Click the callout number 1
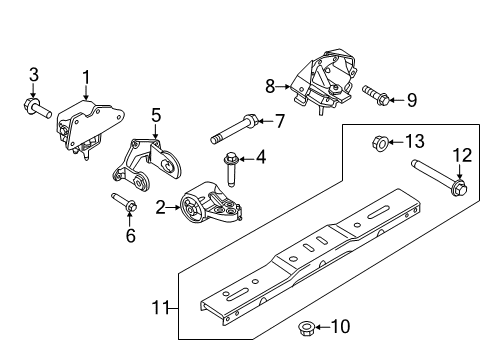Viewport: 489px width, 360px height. [x=86, y=78]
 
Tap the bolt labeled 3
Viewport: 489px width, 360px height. [x=37, y=108]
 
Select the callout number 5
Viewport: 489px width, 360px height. [x=156, y=115]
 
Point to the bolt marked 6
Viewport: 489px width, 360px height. [x=124, y=202]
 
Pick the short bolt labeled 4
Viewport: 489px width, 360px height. [x=230, y=168]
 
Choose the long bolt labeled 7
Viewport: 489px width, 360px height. [x=234, y=129]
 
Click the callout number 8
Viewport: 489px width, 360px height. [x=270, y=86]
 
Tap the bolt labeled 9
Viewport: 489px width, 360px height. [x=376, y=95]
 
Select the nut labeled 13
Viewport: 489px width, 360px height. [x=380, y=143]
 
